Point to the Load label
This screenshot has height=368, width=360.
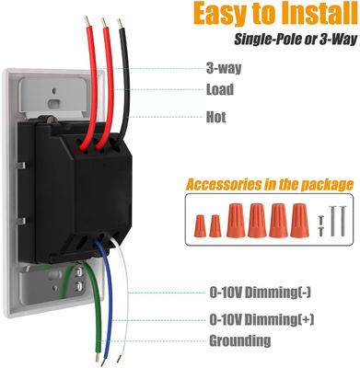click(218, 90)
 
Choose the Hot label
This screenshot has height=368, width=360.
click(215, 117)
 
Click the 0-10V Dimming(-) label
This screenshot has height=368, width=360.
click(261, 293)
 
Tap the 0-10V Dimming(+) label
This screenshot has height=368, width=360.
click(261, 319)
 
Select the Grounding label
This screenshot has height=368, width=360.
click(238, 342)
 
